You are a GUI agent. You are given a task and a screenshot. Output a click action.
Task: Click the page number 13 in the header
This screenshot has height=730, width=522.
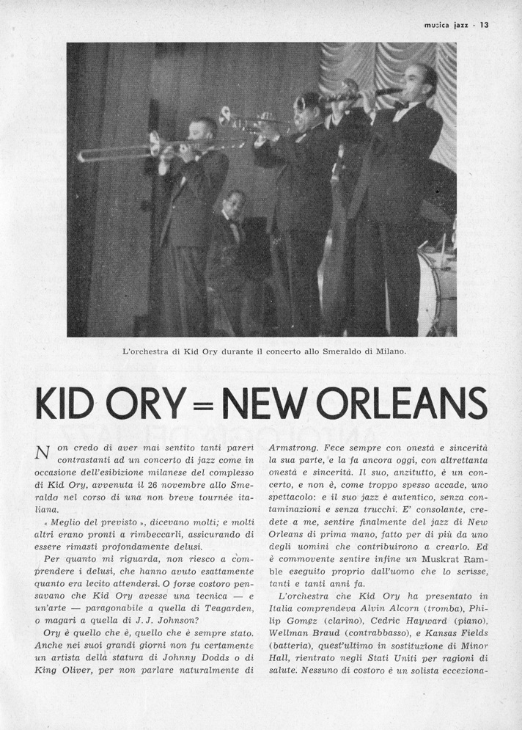(x=485, y=23)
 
